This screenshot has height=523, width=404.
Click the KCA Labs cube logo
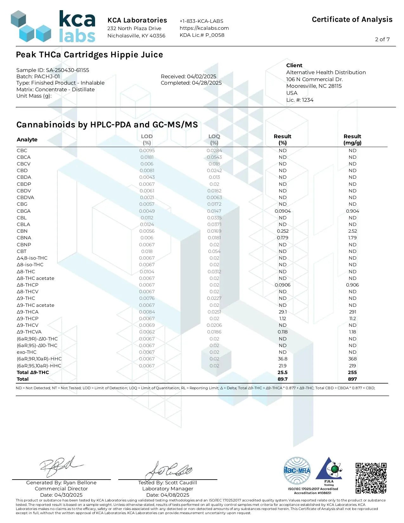[x=31, y=27]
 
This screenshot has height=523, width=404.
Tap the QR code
[x=370, y=478]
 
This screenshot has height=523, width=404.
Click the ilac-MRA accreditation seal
[x=297, y=471]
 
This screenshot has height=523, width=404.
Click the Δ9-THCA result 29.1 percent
[x=283, y=312]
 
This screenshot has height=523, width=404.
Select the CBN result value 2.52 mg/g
[x=352, y=231]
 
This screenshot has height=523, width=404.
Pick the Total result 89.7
[x=283, y=379]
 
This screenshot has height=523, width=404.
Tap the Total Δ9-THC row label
[x=33, y=372]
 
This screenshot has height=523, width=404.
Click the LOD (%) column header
[x=147, y=139]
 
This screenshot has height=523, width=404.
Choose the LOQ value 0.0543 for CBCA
[x=214, y=157]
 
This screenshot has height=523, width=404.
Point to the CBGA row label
[x=24, y=211]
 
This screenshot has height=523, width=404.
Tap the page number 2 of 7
[x=382, y=39]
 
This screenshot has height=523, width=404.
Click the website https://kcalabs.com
[x=204, y=28]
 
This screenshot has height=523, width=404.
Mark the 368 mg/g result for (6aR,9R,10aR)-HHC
[x=352, y=359]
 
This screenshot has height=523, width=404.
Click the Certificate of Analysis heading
[x=352, y=20]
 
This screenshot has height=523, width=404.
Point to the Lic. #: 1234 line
[x=300, y=100]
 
